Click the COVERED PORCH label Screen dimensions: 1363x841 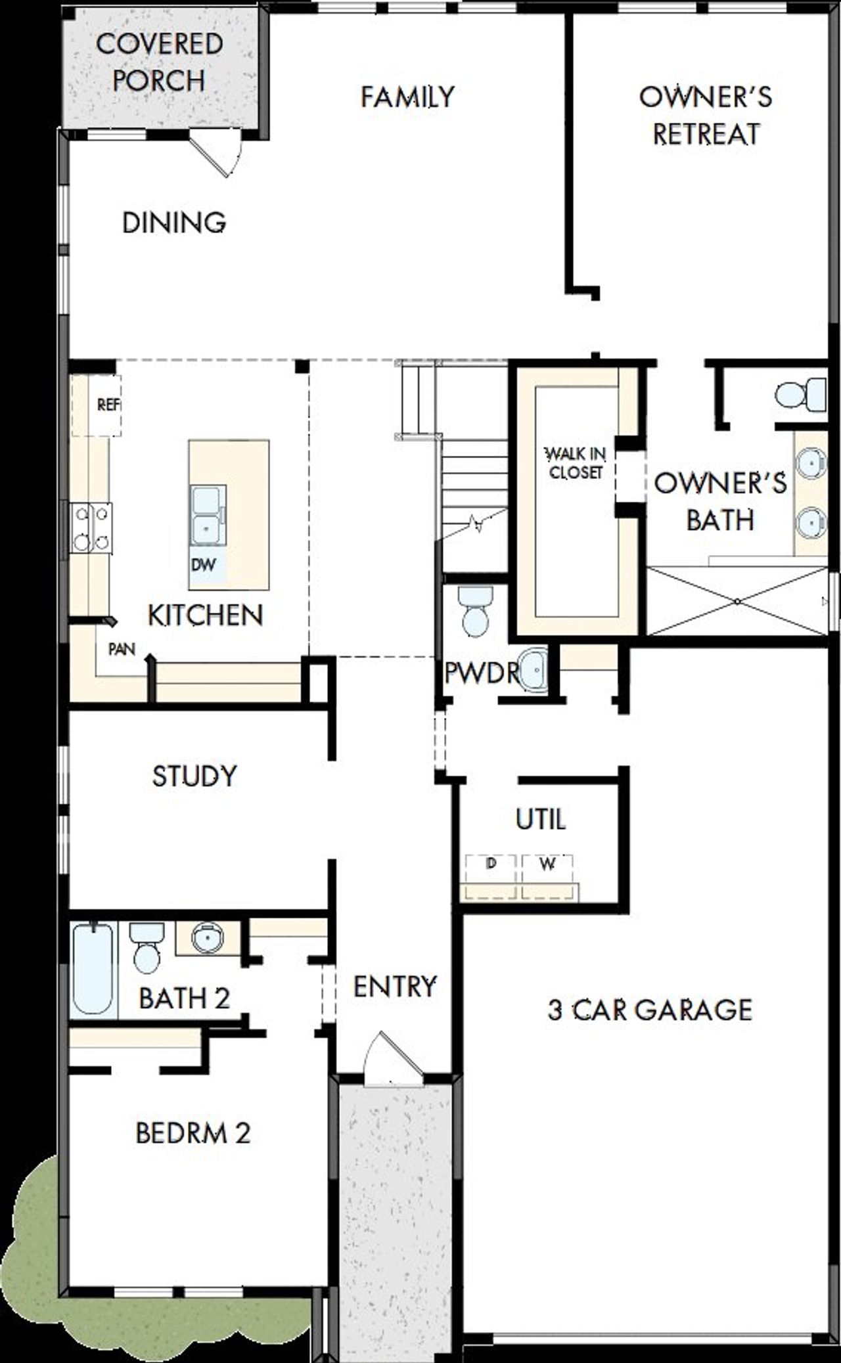159,62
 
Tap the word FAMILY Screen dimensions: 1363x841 407,97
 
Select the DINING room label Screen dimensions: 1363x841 174,223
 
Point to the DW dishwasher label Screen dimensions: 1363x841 203,564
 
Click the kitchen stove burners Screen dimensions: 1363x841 91,526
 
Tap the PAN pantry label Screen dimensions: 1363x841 122,650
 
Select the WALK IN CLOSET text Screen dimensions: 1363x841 576,462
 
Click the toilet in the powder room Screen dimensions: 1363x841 476,610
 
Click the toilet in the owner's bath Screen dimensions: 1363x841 799,394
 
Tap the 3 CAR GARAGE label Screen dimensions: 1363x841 649,1010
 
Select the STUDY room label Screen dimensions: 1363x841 194,776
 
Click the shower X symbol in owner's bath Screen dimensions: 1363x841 737,602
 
